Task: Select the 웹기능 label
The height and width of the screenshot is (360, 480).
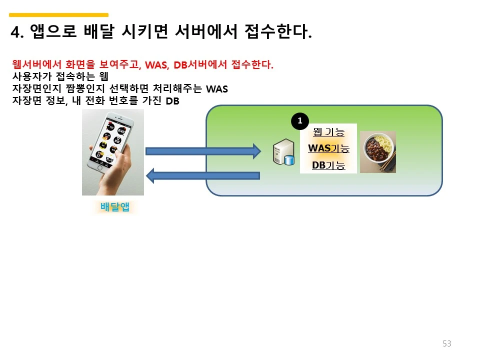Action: pyautogui.click(x=328, y=132)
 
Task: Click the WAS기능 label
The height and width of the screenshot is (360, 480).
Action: pyautogui.click(x=328, y=148)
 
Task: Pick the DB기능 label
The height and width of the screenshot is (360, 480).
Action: pyautogui.click(x=328, y=165)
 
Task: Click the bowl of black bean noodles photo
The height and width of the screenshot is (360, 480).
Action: pyautogui.click(x=378, y=152)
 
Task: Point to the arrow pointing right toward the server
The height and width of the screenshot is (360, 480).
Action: pyautogui.click(x=203, y=151)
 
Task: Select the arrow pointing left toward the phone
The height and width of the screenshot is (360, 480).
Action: pyautogui.click(x=203, y=175)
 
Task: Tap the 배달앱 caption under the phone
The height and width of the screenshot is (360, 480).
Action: pyautogui.click(x=115, y=206)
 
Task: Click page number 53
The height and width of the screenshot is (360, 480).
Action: pyautogui.click(x=446, y=343)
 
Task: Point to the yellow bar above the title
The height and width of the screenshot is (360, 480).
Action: pyautogui.click(x=59, y=15)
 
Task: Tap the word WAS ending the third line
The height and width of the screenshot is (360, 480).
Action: pyautogui.click(x=217, y=89)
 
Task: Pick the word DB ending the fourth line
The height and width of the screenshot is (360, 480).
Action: pyautogui.click(x=172, y=100)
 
